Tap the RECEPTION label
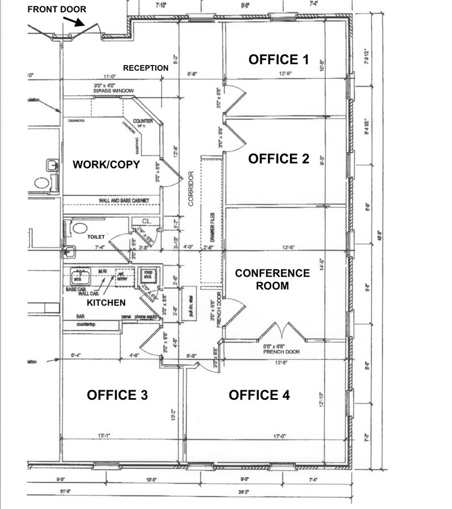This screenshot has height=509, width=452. click(x=146, y=68)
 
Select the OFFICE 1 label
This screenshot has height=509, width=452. click(x=279, y=59)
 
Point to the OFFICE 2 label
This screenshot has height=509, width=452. click(x=279, y=159)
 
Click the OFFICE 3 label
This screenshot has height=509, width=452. click(x=117, y=395)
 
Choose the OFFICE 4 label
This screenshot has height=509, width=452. click(x=259, y=395)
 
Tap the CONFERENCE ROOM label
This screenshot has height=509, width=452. click(x=272, y=279)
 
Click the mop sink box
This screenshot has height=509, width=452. click(x=148, y=275)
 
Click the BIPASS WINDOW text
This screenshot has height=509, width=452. click(x=114, y=90)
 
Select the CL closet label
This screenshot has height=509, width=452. click(x=145, y=222)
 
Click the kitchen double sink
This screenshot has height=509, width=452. click(x=81, y=277)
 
